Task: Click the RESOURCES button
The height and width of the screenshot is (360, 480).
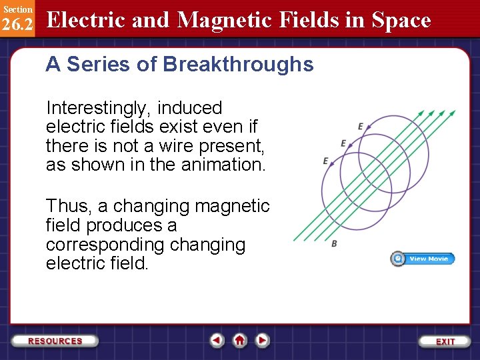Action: tap(55, 341)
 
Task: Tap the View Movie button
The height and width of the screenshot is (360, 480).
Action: tap(423, 259)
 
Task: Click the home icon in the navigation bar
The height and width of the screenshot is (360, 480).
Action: tap(239, 340)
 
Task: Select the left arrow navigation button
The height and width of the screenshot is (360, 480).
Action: tap(217, 340)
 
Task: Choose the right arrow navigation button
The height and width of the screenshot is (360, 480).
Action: tap(263, 340)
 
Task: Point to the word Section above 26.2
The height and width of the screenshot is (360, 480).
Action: tap(17, 9)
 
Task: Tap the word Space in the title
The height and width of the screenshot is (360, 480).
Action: tap(401, 20)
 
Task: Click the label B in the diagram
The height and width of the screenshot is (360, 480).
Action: tap(334, 244)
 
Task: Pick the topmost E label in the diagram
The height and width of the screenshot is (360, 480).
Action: tap(361, 127)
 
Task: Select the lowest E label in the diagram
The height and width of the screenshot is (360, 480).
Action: tap(325, 161)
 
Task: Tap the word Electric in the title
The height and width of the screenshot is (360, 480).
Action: tap(87, 20)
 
